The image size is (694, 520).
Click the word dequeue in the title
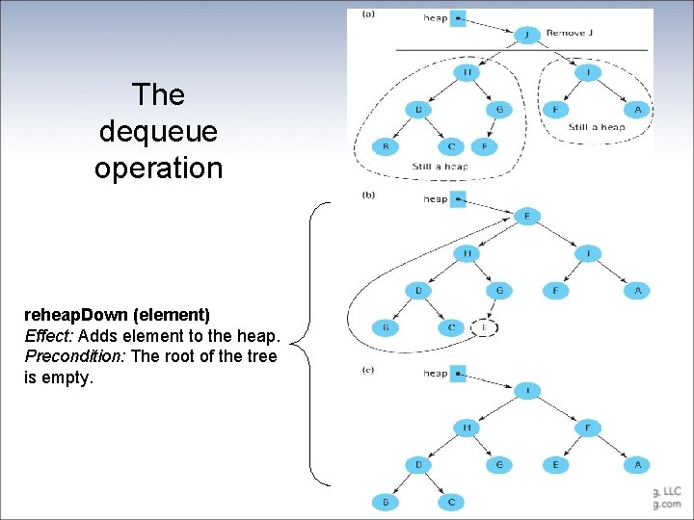coord(158,131)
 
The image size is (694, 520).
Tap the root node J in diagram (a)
coord(526,35)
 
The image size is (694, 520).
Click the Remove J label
coord(570,33)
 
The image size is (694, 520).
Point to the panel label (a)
coord(368,13)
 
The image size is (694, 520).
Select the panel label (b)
coord(368,195)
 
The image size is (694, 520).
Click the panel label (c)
coord(368,368)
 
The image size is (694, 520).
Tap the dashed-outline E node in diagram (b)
coord(485,327)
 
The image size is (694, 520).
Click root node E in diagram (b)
coord(526,216)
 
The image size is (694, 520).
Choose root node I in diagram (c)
coord(526,390)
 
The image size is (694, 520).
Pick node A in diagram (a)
coord(637,110)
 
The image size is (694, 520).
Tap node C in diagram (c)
coord(451,502)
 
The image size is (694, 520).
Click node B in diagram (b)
coord(386,327)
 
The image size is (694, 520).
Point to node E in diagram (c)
coord(555,464)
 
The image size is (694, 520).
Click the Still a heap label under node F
coord(596,127)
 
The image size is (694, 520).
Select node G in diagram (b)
coord(499,290)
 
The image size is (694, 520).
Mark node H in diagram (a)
coord(467,72)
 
